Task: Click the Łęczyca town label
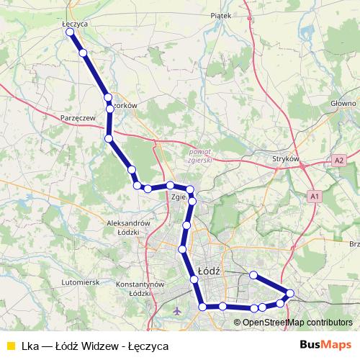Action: tap(75, 24)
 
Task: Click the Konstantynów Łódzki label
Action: tap(141, 289)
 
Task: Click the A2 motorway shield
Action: tap(339, 160)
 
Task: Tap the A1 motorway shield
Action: tap(314, 196)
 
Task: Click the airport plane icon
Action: tap(178, 311)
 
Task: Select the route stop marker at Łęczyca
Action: tap(71, 32)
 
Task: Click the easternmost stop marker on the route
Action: tap(290, 293)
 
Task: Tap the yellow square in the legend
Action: tap(10, 346)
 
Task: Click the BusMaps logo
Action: tap(325, 345)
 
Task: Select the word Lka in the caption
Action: tap(30, 346)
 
